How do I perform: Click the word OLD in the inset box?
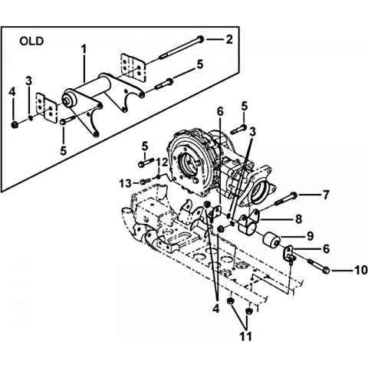pyautogui.click(x=31, y=41)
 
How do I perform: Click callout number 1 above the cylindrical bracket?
pyautogui.click(x=84, y=49)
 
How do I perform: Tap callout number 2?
pyautogui.click(x=228, y=40)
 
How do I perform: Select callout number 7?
pyautogui.click(x=326, y=195)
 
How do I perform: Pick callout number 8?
pyautogui.click(x=298, y=219)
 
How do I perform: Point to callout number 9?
pyautogui.click(x=310, y=236)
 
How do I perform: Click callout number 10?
pyautogui.click(x=360, y=270)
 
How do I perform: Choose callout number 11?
pyautogui.click(x=245, y=337)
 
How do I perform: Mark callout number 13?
pyautogui.click(x=126, y=183)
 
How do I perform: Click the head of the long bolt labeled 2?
pyautogui.click(x=201, y=39)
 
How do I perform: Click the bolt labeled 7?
pyautogui.click(x=286, y=199)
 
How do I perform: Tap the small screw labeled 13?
pyautogui.click(x=144, y=182)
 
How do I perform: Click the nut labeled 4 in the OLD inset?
pyautogui.click(x=15, y=125)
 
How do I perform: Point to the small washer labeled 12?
pyautogui.click(x=158, y=177)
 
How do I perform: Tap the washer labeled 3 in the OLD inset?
pyautogui.click(x=31, y=118)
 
